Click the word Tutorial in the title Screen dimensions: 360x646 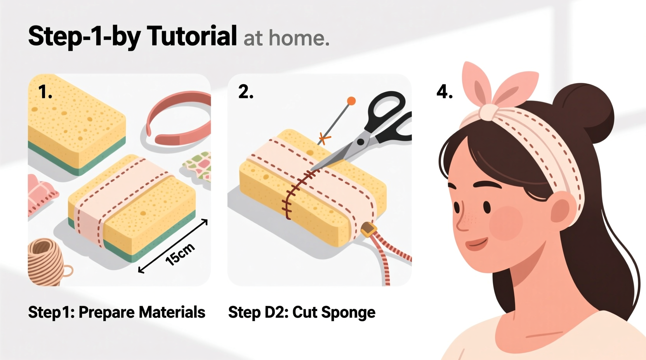click(192, 36)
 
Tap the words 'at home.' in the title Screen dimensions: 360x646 click(286, 38)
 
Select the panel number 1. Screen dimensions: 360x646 click(45, 92)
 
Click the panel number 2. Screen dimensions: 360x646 click(246, 92)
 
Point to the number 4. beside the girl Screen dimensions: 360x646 click(445, 92)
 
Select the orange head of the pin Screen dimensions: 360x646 click(351, 101)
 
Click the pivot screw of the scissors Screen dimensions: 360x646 click(361, 142)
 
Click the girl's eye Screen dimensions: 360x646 click(486, 206)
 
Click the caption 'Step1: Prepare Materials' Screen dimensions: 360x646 click(116, 312)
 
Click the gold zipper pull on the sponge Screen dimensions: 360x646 click(369, 230)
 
